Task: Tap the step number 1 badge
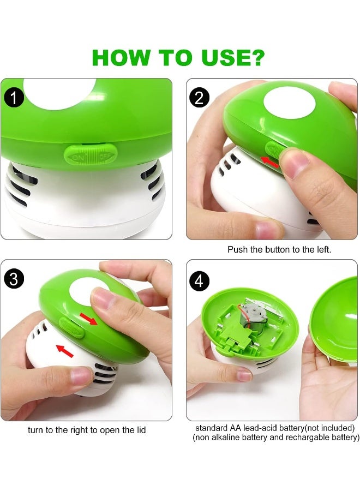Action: coord(14,98)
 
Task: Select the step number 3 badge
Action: coord(14,279)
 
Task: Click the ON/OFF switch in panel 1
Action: coord(87,154)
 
